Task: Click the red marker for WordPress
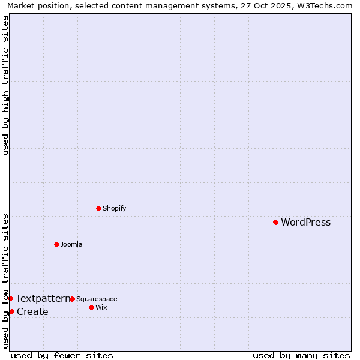pyautogui.click(x=275, y=222)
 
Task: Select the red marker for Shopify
pyautogui.click(x=98, y=208)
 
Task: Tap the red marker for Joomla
pyautogui.click(x=56, y=244)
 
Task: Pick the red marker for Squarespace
pyautogui.click(x=72, y=299)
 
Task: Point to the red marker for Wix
pyautogui.click(x=91, y=307)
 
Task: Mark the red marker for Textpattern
pyautogui.click(x=10, y=298)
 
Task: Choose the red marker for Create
pyautogui.click(x=11, y=311)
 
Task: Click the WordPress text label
pyautogui.click(x=305, y=223)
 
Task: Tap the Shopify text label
pyautogui.click(x=114, y=208)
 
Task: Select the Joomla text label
pyautogui.click(x=71, y=244)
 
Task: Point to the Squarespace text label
pyautogui.click(x=97, y=299)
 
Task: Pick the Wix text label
pyautogui.click(x=101, y=307)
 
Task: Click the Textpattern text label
pyautogui.click(x=43, y=298)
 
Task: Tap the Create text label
pyautogui.click(x=32, y=311)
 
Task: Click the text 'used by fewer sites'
pyautogui.click(x=62, y=355)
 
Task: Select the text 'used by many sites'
pyautogui.click(x=301, y=355)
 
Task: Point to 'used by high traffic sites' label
pyautogui.click(x=5, y=85)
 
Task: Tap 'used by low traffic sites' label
pyautogui.click(x=5, y=281)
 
